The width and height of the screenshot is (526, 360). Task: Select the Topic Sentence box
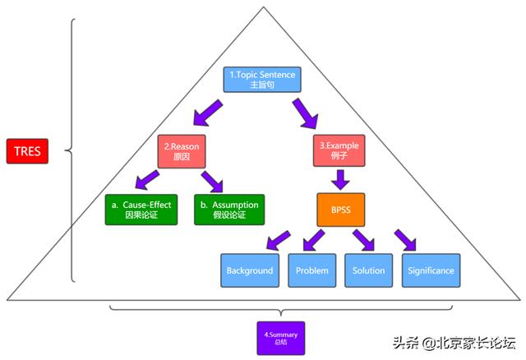260,80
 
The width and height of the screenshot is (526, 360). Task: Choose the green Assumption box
229,209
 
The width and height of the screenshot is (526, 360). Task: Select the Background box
250,270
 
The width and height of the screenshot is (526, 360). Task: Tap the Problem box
311,270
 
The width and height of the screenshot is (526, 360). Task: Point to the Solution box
368,270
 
